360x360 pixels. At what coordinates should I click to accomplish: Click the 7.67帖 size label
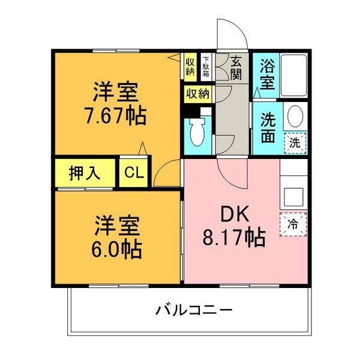116,115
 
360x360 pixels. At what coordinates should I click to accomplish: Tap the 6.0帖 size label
116,247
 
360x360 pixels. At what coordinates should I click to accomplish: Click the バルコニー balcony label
194,310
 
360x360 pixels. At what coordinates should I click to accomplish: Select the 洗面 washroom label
267,127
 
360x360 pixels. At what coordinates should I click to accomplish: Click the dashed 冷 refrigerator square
293,225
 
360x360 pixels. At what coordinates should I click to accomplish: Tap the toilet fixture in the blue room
197,133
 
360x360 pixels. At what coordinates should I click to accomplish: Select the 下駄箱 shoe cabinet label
206,66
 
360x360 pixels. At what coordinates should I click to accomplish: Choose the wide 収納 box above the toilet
197,94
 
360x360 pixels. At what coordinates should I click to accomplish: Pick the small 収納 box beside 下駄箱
190,66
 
